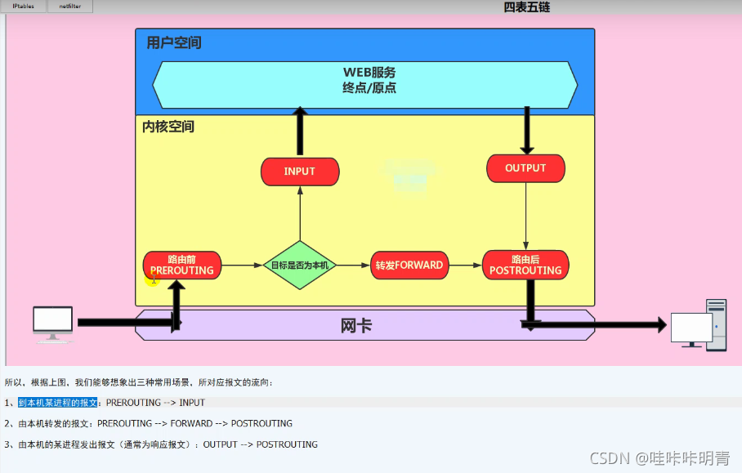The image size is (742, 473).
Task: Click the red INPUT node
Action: [299, 172]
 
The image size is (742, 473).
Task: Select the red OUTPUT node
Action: [525, 168]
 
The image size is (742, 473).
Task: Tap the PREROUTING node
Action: [181, 266]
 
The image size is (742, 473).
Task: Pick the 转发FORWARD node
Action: [409, 266]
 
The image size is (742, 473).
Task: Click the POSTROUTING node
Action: [525, 266]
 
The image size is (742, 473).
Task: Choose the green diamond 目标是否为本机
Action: [300, 266]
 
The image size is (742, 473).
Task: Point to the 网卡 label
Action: [356, 326]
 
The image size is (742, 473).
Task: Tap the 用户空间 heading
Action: [173, 42]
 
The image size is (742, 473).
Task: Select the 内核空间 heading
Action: [168, 127]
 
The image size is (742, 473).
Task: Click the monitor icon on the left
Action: [52, 323]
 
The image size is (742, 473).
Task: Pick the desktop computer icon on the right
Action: [698, 325]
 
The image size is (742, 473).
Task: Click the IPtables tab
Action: [23, 7]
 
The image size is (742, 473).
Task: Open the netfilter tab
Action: [69, 7]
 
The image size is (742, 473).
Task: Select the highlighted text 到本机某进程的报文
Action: [58, 403]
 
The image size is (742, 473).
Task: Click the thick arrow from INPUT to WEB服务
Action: [300, 132]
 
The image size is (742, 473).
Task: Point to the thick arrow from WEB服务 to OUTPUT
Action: [526, 129]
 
